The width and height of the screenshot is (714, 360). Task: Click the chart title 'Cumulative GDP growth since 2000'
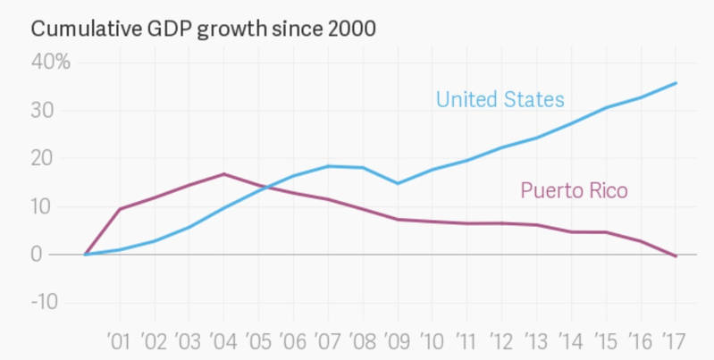coord(204,29)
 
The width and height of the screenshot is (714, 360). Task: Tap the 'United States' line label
coord(500,98)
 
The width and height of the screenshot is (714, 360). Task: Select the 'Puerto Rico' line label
coord(574,190)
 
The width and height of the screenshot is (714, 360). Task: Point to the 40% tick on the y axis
coord(51,62)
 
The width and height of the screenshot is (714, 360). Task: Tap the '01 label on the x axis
coord(120,340)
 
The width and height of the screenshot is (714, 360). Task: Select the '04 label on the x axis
coord(223,340)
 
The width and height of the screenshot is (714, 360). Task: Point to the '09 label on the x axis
coord(397,340)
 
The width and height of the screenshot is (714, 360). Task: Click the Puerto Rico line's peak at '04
coord(223,173)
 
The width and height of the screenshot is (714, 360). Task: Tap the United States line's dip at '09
coord(397,183)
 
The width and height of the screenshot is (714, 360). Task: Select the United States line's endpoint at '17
coord(676,83)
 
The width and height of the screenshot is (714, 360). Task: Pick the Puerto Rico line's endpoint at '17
coord(676,256)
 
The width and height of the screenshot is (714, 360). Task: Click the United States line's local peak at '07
coord(328,166)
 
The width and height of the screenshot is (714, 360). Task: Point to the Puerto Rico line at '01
coord(120,209)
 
